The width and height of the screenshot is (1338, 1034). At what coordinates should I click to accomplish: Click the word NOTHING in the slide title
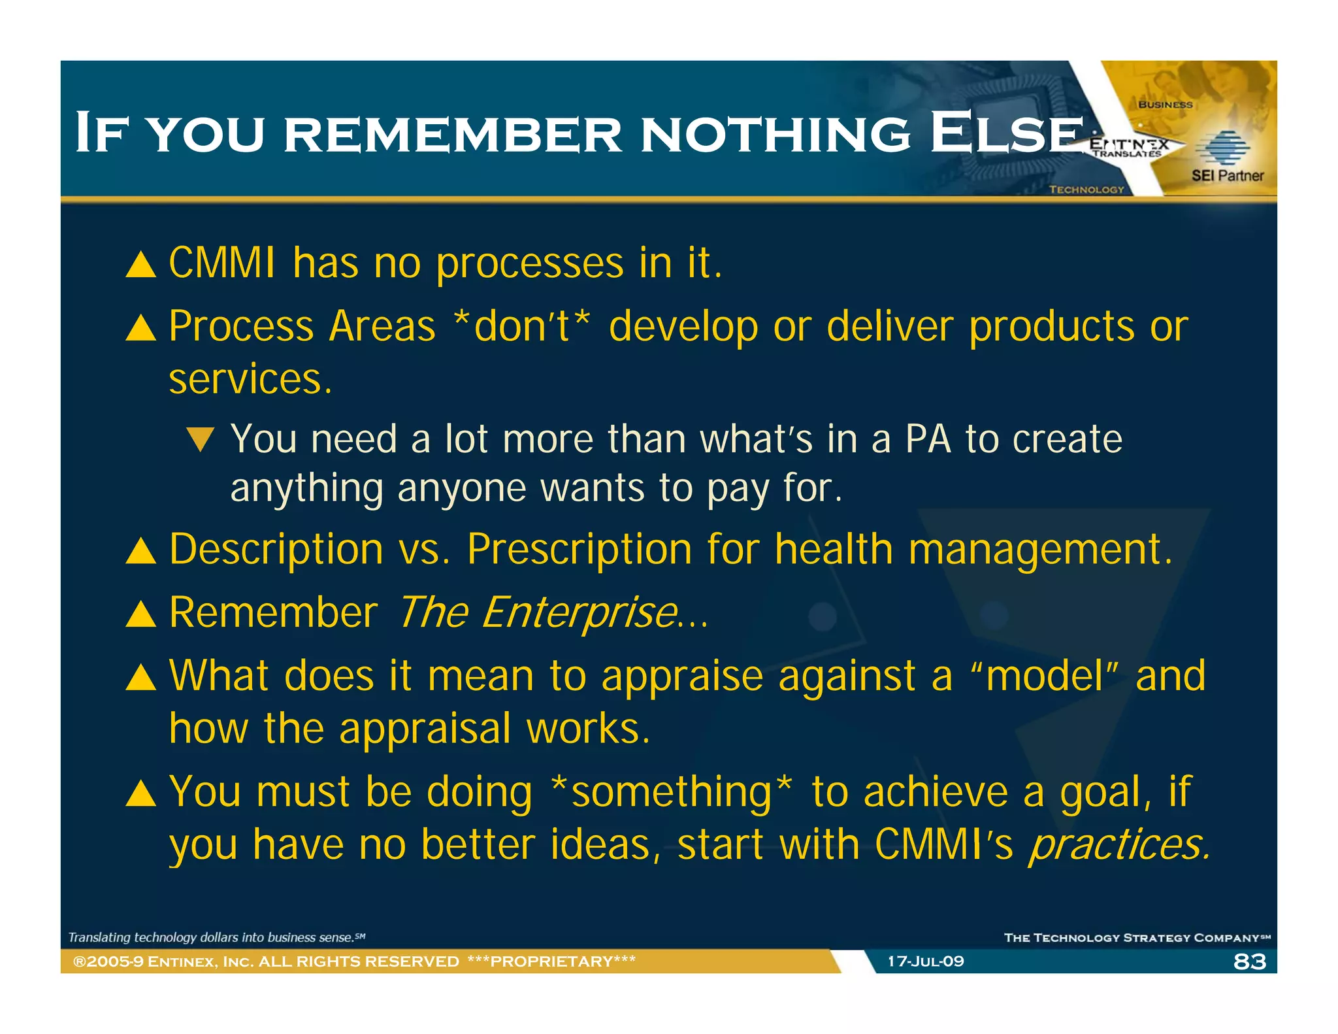tap(775, 133)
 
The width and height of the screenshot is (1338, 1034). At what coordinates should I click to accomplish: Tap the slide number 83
tap(1250, 961)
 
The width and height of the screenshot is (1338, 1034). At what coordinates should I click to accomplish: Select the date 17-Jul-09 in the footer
tap(925, 961)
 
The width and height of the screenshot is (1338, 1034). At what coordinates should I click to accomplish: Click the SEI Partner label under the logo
tap(1227, 175)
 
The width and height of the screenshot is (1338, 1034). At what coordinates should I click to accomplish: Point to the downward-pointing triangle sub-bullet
tap(200, 439)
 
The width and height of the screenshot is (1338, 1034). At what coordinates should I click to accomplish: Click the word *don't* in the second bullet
tap(522, 326)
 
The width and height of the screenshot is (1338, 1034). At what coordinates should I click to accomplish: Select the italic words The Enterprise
tap(537, 612)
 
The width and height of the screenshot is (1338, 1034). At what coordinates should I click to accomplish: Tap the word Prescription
tap(579, 549)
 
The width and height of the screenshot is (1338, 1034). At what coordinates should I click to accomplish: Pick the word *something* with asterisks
tap(672, 792)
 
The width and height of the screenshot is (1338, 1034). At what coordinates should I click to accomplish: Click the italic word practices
tap(1118, 844)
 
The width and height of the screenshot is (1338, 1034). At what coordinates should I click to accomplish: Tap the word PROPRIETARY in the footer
tap(551, 961)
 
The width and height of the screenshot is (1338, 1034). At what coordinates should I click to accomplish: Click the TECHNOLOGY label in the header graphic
tap(1086, 190)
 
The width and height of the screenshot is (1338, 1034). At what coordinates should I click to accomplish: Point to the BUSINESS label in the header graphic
tap(1165, 105)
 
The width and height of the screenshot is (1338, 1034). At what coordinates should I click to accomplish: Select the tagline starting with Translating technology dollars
tap(216, 937)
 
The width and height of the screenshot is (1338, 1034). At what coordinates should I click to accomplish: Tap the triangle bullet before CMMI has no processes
tap(141, 265)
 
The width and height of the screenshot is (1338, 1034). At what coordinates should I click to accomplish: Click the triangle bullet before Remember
tap(141, 614)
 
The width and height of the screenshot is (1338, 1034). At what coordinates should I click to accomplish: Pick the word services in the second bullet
tap(250, 380)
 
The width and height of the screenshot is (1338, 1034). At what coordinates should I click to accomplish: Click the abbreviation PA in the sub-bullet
tap(928, 439)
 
